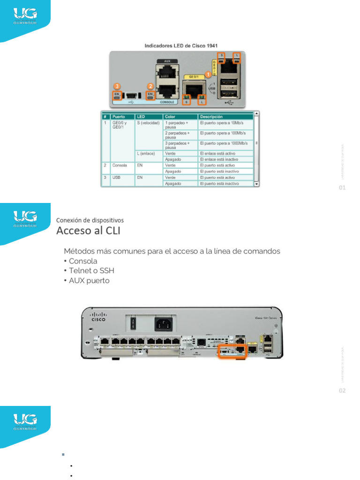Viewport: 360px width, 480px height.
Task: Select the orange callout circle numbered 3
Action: (x=117, y=86)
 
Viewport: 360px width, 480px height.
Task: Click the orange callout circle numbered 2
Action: (x=150, y=86)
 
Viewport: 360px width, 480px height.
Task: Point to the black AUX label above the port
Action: (x=166, y=61)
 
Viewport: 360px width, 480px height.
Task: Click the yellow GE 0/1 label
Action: (x=191, y=76)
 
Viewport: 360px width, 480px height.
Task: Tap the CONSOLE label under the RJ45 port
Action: (x=167, y=102)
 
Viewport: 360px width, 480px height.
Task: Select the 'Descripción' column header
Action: (x=211, y=116)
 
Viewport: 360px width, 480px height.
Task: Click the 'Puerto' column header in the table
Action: (x=119, y=116)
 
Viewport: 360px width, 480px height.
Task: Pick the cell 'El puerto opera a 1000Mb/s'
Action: (x=224, y=143)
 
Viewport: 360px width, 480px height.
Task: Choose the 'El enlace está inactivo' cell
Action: (x=218, y=159)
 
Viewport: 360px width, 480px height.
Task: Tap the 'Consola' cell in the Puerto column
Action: (x=120, y=165)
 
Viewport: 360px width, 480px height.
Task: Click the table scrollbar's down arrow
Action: (x=256, y=184)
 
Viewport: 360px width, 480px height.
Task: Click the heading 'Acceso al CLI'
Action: (x=88, y=231)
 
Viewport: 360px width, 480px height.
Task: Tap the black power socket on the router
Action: (x=162, y=323)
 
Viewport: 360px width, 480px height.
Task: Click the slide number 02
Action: (x=342, y=390)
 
